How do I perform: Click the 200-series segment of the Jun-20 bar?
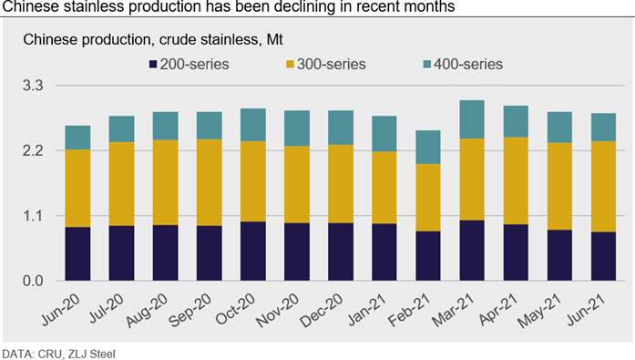coord(77,254)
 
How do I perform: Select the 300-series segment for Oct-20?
coord(253,181)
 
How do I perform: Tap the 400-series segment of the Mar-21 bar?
coord(472,119)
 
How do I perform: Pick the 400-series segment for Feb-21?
coord(428,147)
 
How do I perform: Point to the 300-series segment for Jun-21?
coord(603,187)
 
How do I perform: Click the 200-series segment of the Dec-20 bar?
coord(341,252)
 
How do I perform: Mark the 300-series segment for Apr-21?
coord(516,180)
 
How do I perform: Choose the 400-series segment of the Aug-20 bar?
coord(165,126)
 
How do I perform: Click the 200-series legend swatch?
coord(153,64)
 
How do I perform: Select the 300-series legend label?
coord(332,64)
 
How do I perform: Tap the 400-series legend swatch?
coord(427,64)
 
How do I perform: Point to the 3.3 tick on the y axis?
coord(33,86)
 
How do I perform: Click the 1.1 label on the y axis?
coord(33,215)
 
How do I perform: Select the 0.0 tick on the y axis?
coord(33,281)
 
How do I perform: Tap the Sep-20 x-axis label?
coord(189,310)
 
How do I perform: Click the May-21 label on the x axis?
coord(540,310)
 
